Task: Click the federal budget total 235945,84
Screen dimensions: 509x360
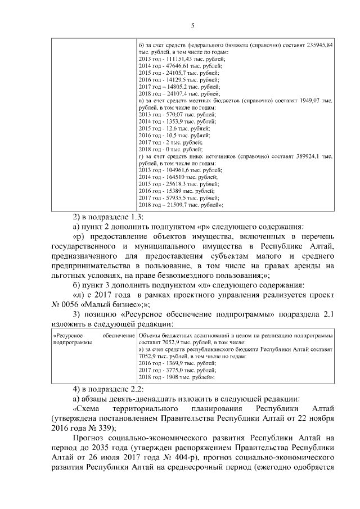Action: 320,44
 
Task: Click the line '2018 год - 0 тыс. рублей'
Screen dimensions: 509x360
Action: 170,149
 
